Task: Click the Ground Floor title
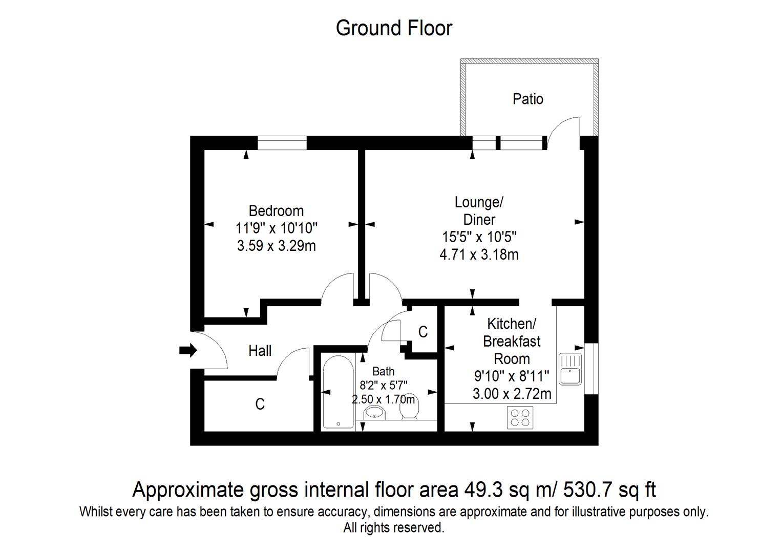pos(394,28)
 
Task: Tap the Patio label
pos(528,99)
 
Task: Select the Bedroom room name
pos(276,211)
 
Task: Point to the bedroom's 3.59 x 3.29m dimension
pos(277,246)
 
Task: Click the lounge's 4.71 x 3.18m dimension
pos(479,255)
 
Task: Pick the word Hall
pos(260,351)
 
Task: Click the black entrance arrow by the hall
pos(188,350)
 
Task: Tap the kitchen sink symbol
pos(571,369)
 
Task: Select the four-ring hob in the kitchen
pos(520,418)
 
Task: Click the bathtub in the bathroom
pos(338,392)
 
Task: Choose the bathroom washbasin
pos(374,413)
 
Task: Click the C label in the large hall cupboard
pos(260,404)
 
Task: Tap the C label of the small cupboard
pos(423,332)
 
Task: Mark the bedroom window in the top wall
pos(282,143)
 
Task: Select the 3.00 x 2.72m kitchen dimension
pos(512,394)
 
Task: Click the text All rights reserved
pos(394,527)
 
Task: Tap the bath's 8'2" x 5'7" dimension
pos(384,385)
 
